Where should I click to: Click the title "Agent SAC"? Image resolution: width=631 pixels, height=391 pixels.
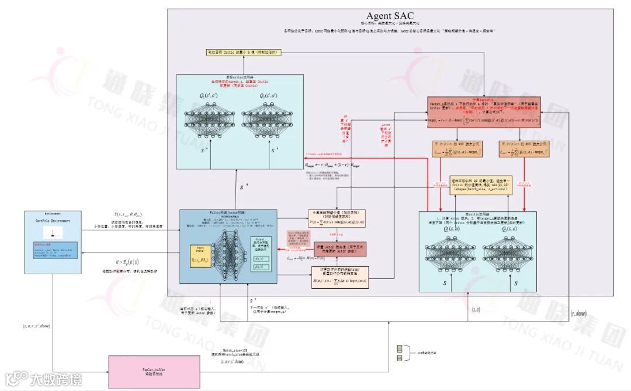click(390, 16)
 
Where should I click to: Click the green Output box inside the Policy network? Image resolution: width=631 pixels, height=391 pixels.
click(261, 253)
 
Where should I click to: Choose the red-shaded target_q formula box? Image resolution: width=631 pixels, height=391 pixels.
click(484, 112)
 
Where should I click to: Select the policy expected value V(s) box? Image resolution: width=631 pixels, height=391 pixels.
click(337, 218)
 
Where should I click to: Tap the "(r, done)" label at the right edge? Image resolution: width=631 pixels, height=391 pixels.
click(580, 314)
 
